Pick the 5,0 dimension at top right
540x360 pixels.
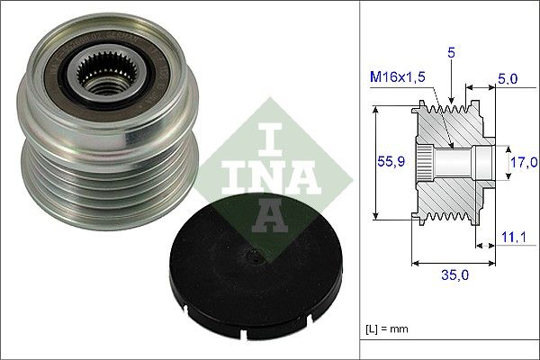(507, 79)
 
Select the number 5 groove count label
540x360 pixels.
(452, 53)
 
